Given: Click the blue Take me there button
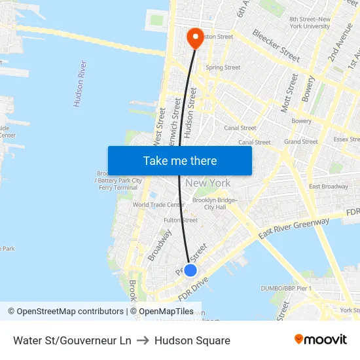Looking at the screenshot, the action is click(x=179, y=160).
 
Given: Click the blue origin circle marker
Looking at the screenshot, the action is click(x=190, y=270).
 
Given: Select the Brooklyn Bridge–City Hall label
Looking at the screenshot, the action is click(x=215, y=204).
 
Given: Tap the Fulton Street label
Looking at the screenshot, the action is click(x=181, y=221).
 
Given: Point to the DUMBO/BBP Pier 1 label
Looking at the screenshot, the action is click(x=286, y=289).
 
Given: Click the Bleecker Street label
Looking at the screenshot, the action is click(x=276, y=45).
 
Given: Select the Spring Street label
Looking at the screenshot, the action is click(x=223, y=67).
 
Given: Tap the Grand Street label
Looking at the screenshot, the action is click(x=300, y=141).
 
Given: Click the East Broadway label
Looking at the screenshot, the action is click(x=329, y=187).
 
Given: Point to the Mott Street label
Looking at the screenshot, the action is click(x=289, y=93).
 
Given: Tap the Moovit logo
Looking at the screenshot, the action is click(x=320, y=340).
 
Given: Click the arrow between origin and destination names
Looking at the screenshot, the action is click(x=143, y=340).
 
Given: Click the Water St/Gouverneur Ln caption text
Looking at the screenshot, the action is click(x=72, y=340).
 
